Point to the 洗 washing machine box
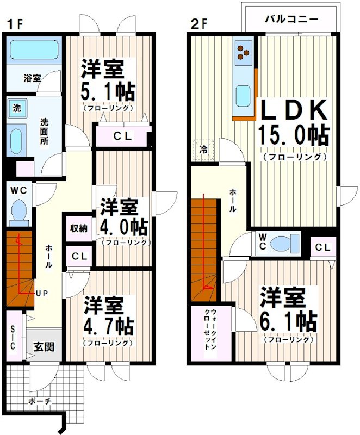[17, 108]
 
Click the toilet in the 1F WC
[20, 211]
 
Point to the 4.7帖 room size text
[109, 327]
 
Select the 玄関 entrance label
[44, 346]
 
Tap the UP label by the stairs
[42, 294]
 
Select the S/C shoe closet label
[14, 337]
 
